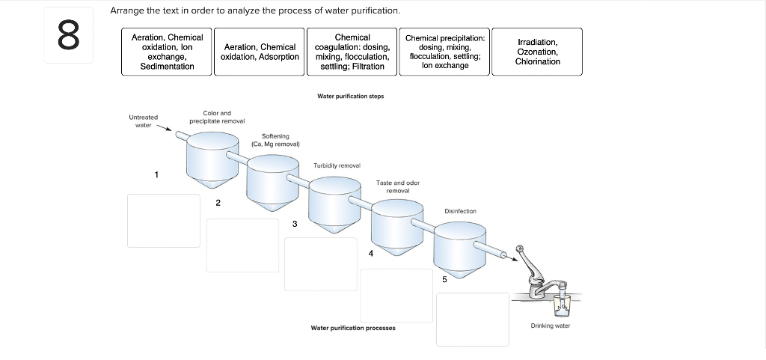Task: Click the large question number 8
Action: pos(67,36)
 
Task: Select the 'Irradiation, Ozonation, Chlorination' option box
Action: pos(537,52)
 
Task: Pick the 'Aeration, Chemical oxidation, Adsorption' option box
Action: pos(260,52)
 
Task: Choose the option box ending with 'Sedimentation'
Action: pos(167,52)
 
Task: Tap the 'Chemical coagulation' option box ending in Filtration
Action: pos(352,52)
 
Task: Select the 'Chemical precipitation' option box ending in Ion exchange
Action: pos(444,52)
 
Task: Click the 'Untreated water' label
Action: pos(143,120)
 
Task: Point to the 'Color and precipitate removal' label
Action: pos(217,117)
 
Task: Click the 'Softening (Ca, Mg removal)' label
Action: pos(275,140)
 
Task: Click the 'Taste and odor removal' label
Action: pos(398,186)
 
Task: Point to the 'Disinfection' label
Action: pos(460,211)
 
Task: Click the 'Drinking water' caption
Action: pos(550,326)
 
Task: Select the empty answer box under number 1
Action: pos(163,220)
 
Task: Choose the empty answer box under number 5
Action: pos(472,319)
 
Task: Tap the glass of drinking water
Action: pos(561,305)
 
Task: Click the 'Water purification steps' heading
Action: pos(351,96)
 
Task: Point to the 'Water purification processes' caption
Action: pos(353,328)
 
